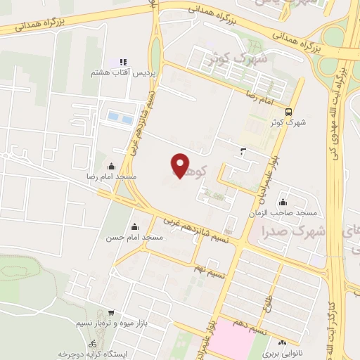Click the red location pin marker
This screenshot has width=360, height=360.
click(x=181, y=165)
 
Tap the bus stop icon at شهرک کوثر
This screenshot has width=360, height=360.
click(x=289, y=112)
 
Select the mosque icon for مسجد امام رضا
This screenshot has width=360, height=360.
click(x=111, y=166)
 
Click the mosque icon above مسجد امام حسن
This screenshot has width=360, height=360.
click(x=135, y=227)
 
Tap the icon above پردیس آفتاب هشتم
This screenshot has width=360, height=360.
click(x=123, y=63)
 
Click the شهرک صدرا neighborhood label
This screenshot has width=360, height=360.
click(x=293, y=231)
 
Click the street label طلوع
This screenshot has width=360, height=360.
click(x=268, y=304)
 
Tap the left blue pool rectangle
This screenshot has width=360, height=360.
click(x=112, y=117)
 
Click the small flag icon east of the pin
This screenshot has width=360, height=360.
click(x=243, y=151)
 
